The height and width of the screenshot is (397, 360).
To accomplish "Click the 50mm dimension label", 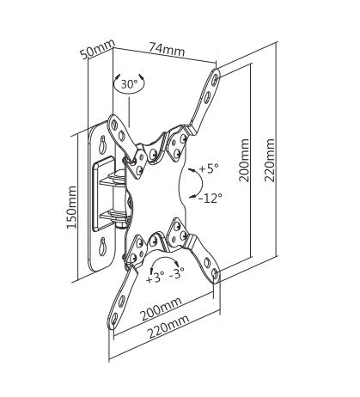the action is pyautogui.click(x=97, y=49).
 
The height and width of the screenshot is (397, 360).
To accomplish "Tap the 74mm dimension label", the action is pyautogui.click(x=167, y=49).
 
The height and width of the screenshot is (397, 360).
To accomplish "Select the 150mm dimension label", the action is pyautogui.click(x=71, y=207).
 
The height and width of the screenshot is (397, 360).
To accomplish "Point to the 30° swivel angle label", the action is pyautogui.click(x=129, y=84).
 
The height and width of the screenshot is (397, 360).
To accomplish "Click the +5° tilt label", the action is pyautogui.click(x=209, y=168).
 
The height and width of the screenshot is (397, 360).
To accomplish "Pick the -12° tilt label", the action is pyautogui.click(x=211, y=198).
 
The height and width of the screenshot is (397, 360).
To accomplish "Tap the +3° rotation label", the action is pyautogui.click(x=155, y=278).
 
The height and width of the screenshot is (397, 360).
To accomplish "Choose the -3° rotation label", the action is pyautogui.click(x=176, y=275).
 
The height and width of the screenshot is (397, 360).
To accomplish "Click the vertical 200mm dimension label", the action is pyautogui.click(x=244, y=161).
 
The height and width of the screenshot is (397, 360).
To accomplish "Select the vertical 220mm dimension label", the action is pyautogui.click(x=270, y=161).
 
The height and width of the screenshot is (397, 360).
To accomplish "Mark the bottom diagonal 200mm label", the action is pyautogui.click(x=161, y=309).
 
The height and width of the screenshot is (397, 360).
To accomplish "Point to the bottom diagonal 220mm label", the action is pyautogui.click(x=168, y=327).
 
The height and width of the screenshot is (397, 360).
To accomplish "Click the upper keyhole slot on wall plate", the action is pyautogui.click(x=102, y=144).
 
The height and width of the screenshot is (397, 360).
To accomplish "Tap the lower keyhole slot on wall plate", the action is pyautogui.click(x=102, y=247).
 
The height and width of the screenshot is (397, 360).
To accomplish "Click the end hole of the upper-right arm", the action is pyautogui.click(x=215, y=78).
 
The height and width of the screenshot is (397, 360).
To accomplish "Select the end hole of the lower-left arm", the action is pyautogui.click(x=114, y=318).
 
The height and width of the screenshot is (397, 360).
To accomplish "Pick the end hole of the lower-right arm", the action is pyautogui.click(x=216, y=274).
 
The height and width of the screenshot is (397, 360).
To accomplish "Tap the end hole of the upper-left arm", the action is pyautogui.click(x=115, y=124).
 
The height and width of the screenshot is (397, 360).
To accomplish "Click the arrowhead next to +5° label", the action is pyautogui.click(x=192, y=171).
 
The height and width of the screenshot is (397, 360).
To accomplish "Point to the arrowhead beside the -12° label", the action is pyautogui.click(x=192, y=197).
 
